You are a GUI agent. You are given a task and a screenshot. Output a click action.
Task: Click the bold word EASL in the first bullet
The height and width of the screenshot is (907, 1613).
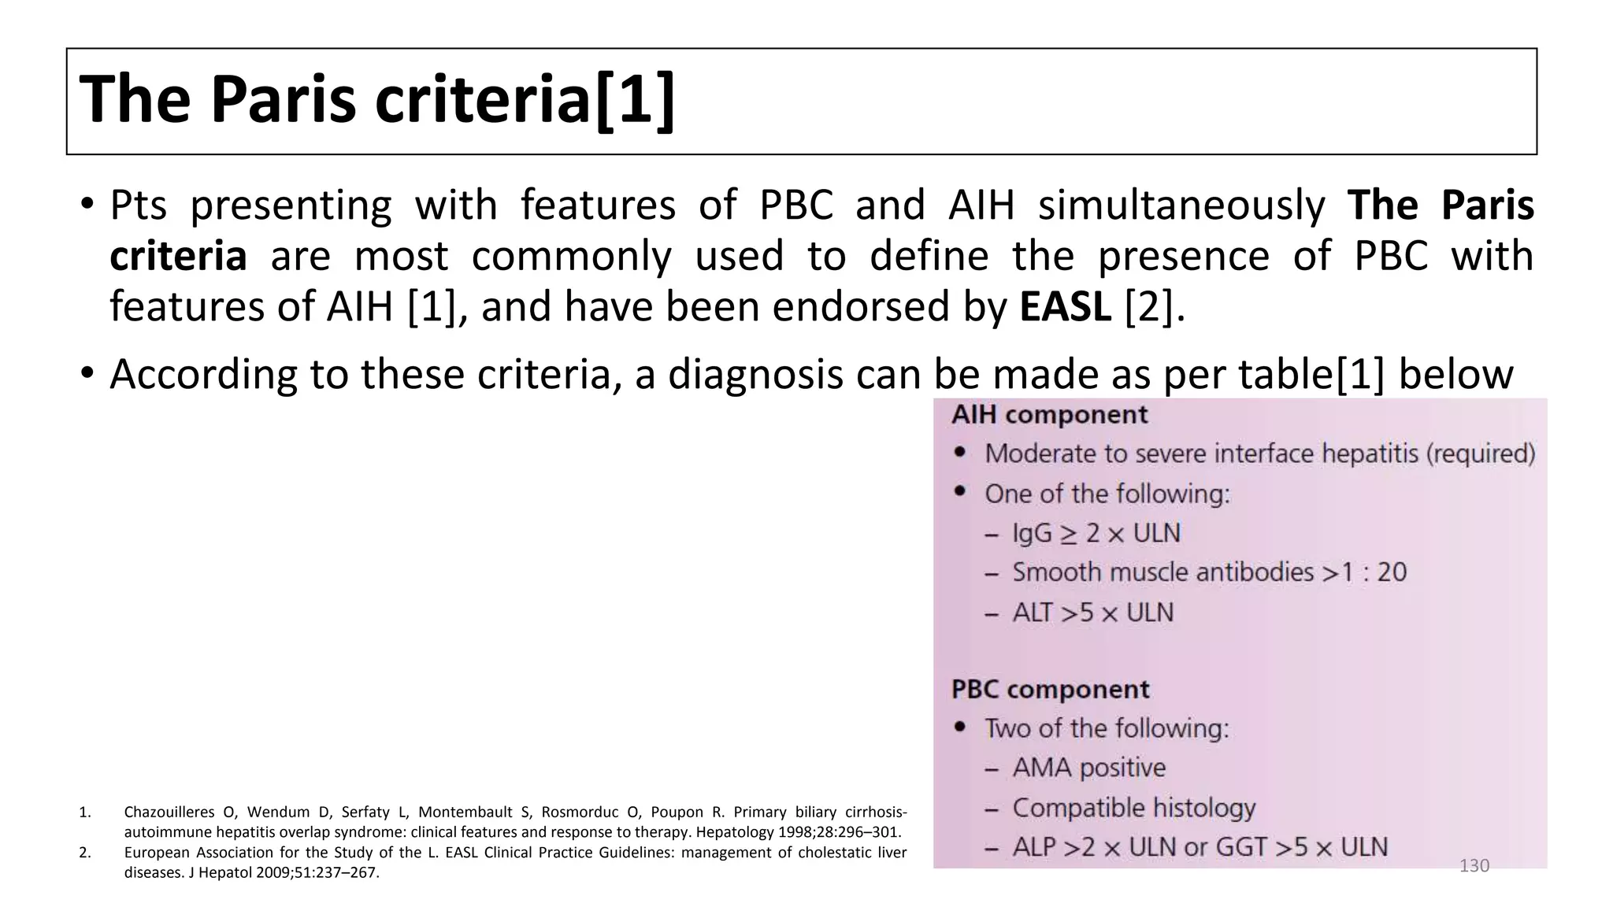[1065, 307]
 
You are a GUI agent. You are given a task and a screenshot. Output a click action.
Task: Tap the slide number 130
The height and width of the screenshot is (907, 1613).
[1474, 866]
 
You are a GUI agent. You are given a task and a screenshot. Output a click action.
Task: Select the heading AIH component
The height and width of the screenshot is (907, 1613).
[1049, 415]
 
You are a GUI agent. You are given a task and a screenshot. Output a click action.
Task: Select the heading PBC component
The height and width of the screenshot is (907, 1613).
[1050, 690]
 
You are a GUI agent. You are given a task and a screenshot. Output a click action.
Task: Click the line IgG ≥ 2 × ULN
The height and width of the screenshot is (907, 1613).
[1096, 534]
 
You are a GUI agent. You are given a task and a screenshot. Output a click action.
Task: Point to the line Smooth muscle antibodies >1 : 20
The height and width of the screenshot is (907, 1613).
[1209, 572]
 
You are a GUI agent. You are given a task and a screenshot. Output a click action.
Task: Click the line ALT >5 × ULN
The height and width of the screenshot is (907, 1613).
[1092, 613]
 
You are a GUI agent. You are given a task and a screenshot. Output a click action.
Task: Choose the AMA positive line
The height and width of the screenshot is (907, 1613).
[1088, 768]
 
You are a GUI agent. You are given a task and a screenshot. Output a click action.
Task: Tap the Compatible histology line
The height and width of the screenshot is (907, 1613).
[1133, 808]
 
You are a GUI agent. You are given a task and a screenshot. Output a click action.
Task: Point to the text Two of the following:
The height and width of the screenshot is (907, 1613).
[1107, 728]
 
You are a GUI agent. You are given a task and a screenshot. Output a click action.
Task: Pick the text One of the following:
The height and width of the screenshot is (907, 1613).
[1107, 494]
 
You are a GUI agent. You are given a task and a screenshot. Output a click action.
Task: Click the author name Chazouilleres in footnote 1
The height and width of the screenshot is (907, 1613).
[169, 813]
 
